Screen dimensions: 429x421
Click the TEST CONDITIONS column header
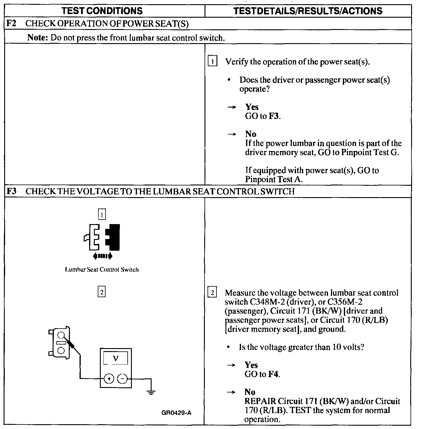tap(102, 11)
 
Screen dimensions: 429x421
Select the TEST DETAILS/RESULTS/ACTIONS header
tap(308, 11)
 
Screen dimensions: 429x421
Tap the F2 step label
tap(11, 24)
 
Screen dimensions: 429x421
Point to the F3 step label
tap(11, 191)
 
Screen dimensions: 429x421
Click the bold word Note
tap(38, 38)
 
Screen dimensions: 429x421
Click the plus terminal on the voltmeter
tap(109, 379)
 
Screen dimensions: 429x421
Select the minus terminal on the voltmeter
tap(122, 379)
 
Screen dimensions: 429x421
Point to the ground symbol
tap(151, 392)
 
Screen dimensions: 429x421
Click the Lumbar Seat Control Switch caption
tap(102, 270)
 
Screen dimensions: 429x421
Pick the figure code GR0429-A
tap(176, 413)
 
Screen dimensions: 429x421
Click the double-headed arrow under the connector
tap(103, 256)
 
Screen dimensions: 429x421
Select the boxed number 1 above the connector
tap(102, 214)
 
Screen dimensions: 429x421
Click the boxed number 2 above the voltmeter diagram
tap(102, 292)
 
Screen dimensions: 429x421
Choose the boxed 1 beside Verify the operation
tap(212, 62)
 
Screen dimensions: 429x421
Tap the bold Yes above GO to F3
tap(252, 107)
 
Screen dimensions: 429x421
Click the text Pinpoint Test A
tap(274, 179)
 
